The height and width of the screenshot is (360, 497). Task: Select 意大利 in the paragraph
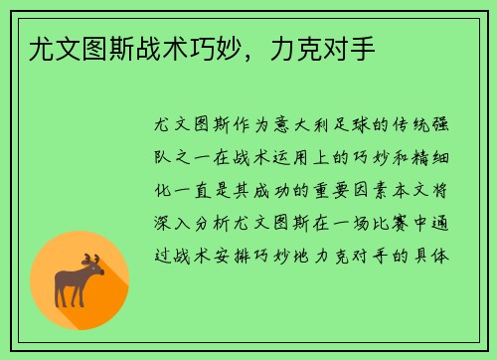[304, 127]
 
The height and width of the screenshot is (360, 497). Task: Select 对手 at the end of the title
[353, 48]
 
